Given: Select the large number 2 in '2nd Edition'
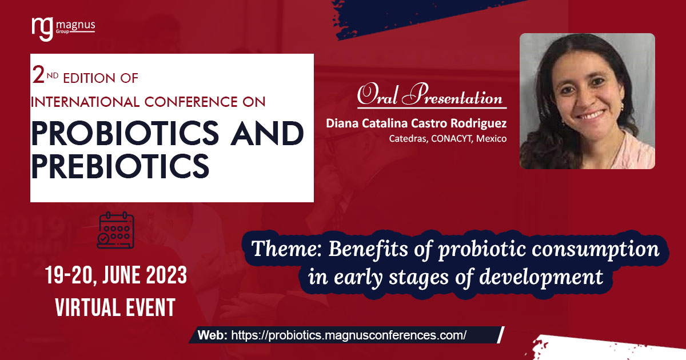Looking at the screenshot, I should coord(38,75).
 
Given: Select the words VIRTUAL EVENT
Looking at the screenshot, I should coord(115,308).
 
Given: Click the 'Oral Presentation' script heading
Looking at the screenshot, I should coord(430,95).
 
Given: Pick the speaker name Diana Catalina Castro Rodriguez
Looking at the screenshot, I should coord(416,123).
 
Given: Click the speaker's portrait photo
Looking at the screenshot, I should coord(587,101).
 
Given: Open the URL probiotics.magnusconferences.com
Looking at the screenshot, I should coord(349,335).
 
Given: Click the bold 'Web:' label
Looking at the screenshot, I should coord(213,335).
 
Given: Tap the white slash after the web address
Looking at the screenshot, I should coord(501,335).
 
